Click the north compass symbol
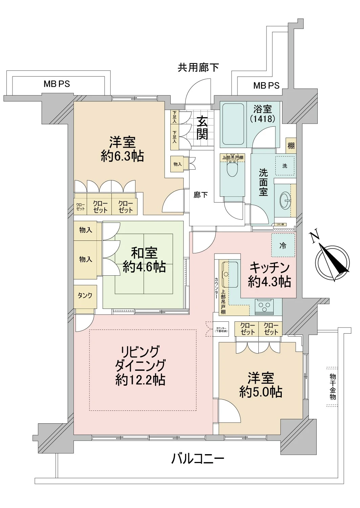pos(332,260)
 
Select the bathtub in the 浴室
pos(233,124)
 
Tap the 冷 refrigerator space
pos(282,246)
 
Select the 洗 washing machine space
pos(284,166)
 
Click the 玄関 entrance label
pos(202,128)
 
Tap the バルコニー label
pos(197,459)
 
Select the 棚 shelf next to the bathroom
pos(291,146)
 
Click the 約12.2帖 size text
pos(140,380)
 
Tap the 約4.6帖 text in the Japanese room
pos(144,267)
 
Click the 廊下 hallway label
pos(201,195)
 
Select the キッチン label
pos(270,268)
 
